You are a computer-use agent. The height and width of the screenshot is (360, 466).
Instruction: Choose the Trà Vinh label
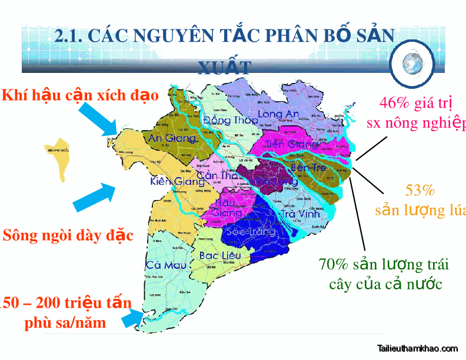300,214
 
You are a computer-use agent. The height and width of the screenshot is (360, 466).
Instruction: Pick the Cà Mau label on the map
162,265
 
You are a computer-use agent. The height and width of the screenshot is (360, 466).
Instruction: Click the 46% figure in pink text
394,103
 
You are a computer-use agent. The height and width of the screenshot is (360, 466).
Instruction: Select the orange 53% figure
420,190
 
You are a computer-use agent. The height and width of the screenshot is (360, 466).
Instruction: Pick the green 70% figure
333,265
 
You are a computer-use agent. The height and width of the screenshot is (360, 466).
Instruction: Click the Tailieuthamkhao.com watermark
417,348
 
